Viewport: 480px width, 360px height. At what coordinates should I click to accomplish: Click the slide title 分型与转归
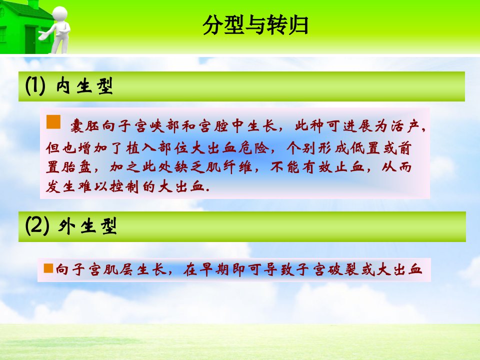pos(255,25)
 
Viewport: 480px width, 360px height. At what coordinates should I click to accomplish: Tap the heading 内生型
pos(84,85)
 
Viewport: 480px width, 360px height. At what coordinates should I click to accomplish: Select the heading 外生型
pos(87,226)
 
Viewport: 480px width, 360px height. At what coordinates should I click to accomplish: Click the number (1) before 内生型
pos(35,85)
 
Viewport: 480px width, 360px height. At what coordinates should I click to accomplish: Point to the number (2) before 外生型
pos(37,226)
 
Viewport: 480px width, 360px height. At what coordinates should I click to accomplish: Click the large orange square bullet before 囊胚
pos(53,122)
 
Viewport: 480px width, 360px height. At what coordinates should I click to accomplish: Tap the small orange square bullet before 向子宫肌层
pos(48,268)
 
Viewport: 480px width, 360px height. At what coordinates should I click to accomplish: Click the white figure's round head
pos(59,14)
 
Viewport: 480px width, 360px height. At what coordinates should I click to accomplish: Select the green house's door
pos(30,39)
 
